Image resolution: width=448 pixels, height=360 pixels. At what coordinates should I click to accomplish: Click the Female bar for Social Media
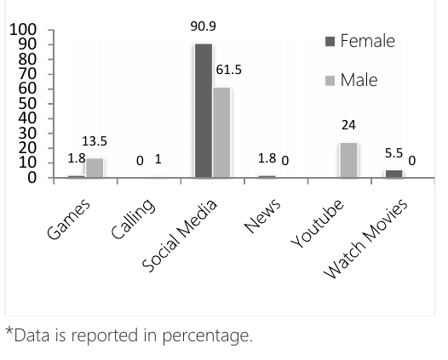point(204,111)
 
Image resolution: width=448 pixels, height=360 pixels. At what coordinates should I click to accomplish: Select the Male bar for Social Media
point(221,133)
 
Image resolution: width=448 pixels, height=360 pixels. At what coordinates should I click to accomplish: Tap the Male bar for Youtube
point(348,160)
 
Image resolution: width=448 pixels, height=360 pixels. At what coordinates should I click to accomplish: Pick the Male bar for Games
point(95,168)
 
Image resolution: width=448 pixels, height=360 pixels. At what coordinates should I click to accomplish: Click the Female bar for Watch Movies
point(394,174)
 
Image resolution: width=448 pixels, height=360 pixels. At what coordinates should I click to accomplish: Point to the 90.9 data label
point(204,26)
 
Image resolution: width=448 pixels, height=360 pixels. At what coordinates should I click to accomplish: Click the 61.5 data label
point(229,70)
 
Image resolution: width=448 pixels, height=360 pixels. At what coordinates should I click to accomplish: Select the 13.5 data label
point(95,141)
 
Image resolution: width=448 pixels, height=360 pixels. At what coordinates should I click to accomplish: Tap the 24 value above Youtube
point(348,125)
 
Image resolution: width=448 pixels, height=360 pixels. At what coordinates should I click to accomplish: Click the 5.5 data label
point(393,153)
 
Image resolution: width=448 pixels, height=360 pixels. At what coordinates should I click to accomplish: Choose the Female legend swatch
point(330,42)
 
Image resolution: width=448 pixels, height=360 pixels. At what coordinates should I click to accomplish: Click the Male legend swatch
point(330,81)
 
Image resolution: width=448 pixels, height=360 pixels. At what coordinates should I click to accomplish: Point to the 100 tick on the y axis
point(23,30)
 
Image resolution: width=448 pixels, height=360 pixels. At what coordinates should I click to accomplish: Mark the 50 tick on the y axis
point(27,104)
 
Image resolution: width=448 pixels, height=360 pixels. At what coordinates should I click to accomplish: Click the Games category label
point(68,219)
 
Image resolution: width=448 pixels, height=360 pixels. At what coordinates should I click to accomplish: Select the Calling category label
point(133,219)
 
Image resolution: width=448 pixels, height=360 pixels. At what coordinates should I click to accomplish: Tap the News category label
point(262,215)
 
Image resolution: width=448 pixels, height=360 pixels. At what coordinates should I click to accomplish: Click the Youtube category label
point(317,223)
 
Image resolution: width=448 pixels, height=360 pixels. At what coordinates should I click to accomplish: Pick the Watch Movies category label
point(365,238)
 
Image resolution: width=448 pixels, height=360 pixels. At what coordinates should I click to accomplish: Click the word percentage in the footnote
point(208,336)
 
